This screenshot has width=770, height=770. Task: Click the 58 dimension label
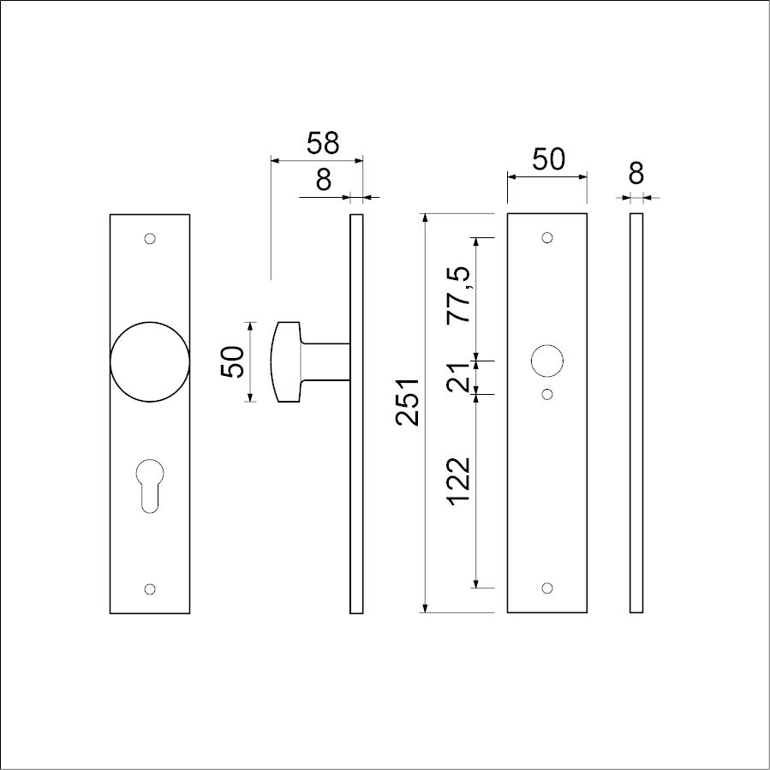pos(323,143)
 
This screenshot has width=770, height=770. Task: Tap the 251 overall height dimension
pos(408,402)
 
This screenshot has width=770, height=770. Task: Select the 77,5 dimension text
pos(459,295)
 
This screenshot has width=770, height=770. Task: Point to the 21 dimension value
pos(459,377)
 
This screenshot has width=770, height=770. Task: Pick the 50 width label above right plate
pos(549,159)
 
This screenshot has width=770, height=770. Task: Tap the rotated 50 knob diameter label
pos(233,362)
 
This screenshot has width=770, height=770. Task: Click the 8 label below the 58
pos(324,180)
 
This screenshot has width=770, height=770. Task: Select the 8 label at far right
pos(636,173)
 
